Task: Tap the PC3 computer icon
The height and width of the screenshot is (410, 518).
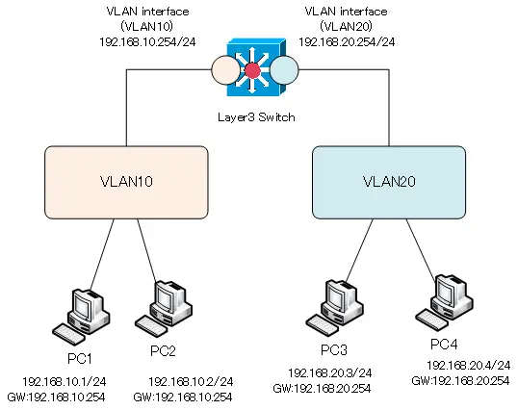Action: pos(334,308)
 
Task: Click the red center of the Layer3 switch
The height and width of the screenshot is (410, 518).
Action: pos(252,70)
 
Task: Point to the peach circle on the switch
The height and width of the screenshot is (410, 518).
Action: pos(225,70)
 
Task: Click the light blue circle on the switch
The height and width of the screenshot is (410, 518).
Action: pos(284,70)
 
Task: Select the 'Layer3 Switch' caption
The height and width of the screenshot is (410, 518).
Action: pos(256,117)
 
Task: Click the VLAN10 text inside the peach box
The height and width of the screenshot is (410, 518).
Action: pos(126,182)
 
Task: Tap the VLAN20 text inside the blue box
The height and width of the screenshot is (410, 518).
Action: pos(389,182)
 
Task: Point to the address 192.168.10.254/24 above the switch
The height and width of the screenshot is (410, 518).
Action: pos(147,42)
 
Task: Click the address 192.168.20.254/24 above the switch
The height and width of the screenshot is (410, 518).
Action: pos(347,42)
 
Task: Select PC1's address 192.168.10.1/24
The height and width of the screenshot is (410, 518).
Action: pos(65,382)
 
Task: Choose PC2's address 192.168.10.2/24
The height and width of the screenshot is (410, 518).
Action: pos(191,382)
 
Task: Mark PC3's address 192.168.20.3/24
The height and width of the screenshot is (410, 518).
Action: pos(330,373)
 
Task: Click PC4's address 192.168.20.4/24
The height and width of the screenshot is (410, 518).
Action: pos(469,366)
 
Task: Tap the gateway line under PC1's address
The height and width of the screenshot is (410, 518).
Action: pos(56,397)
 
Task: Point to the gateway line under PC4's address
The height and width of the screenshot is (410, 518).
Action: pos(460,381)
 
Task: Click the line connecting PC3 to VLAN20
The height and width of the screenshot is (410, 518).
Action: pos(359,250)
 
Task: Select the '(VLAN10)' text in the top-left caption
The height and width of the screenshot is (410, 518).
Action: pos(147,26)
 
